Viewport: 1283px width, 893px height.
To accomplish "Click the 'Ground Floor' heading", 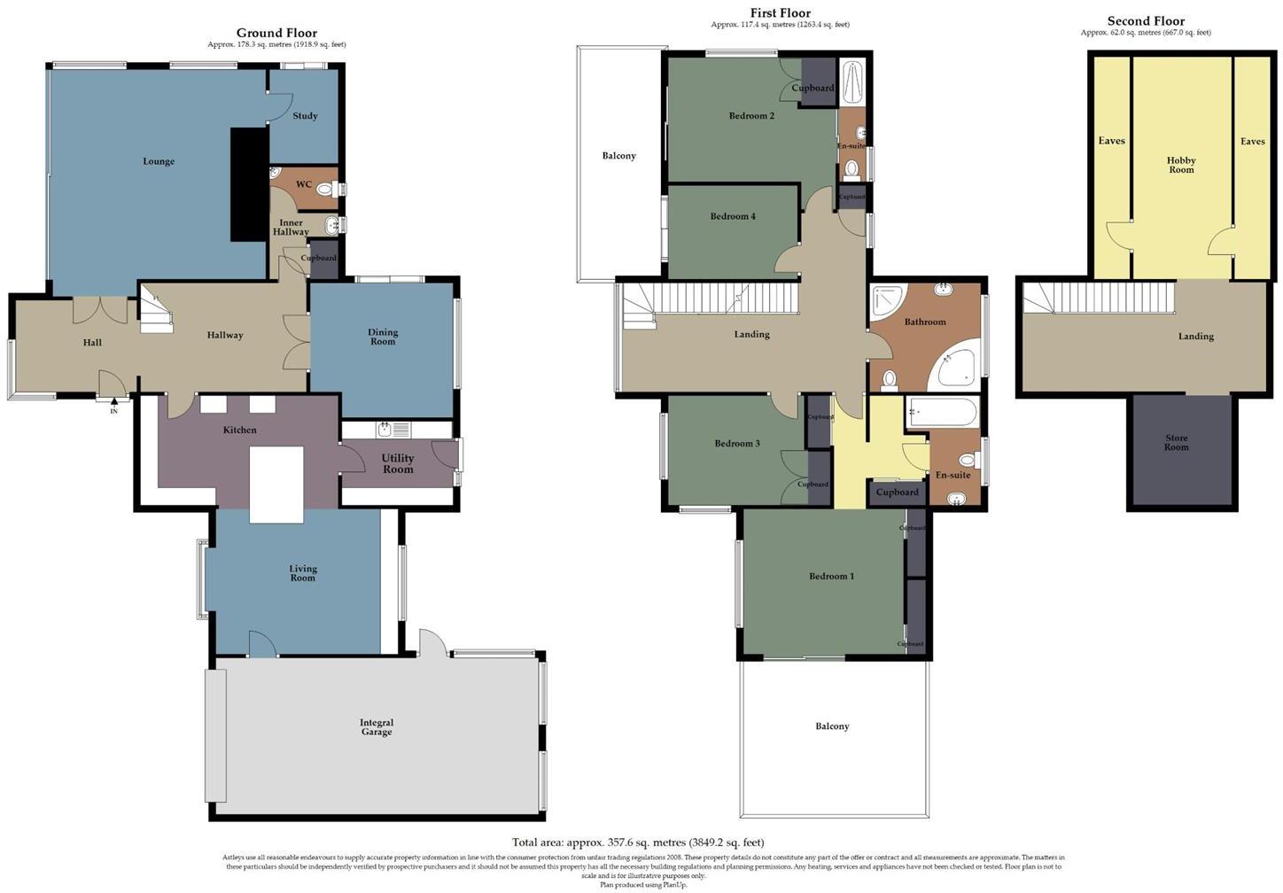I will pyautogui.click(x=276, y=33).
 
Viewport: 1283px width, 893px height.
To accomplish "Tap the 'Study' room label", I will pyautogui.click(x=305, y=116).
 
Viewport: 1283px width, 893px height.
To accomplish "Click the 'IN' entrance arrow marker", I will pyautogui.click(x=113, y=406).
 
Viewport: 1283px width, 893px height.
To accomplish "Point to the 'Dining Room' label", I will pyautogui.click(x=383, y=337).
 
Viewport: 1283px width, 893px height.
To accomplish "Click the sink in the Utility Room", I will pyautogui.click(x=385, y=430).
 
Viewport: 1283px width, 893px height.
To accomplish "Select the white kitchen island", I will pyautogui.click(x=276, y=485).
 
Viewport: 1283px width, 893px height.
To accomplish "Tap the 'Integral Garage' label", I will pyautogui.click(x=376, y=727).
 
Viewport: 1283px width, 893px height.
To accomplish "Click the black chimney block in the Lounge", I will pyautogui.click(x=249, y=183).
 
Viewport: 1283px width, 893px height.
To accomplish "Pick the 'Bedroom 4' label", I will pyautogui.click(x=733, y=216).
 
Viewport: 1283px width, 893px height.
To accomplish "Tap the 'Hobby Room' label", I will pyautogui.click(x=1181, y=165).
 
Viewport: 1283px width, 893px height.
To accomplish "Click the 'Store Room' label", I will pyautogui.click(x=1176, y=442).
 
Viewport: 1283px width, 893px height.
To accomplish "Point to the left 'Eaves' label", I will pyautogui.click(x=1111, y=141).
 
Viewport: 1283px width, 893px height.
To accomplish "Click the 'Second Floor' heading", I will pyautogui.click(x=1145, y=21).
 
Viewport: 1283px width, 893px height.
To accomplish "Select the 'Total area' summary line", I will pyautogui.click(x=638, y=843).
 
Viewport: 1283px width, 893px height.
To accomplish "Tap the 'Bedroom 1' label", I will pyautogui.click(x=831, y=576).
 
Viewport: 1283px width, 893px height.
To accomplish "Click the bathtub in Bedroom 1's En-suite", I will pyautogui.click(x=942, y=413).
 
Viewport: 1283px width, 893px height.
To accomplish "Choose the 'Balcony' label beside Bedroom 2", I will pyautogui.click(x=618, y=156).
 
